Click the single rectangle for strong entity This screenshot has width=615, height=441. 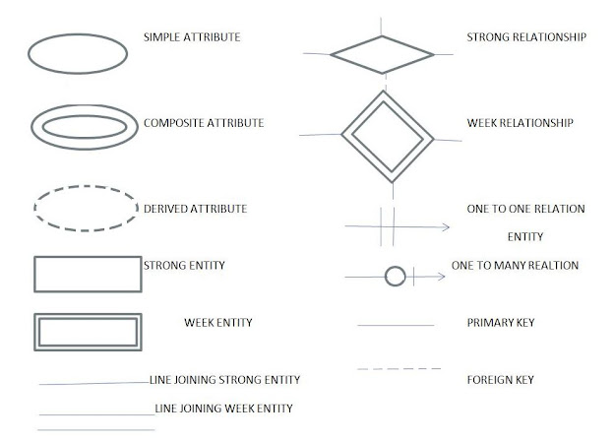(x=87, y=274)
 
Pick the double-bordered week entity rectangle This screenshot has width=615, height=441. (x=87, y=331)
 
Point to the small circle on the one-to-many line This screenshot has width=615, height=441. (x=394, y=277)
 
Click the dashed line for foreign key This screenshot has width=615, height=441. (x=396, y=369)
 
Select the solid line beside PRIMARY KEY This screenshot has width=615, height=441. (x=395, y=324)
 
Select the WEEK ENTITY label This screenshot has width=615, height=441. (x=217, y=322)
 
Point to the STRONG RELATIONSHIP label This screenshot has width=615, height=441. (x=526, y=37)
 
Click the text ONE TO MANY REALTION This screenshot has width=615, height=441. (x=515, y=266)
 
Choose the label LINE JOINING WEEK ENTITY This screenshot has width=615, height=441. (x=223, y=407)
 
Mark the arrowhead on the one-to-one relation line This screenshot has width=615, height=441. (x=445, y=227)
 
